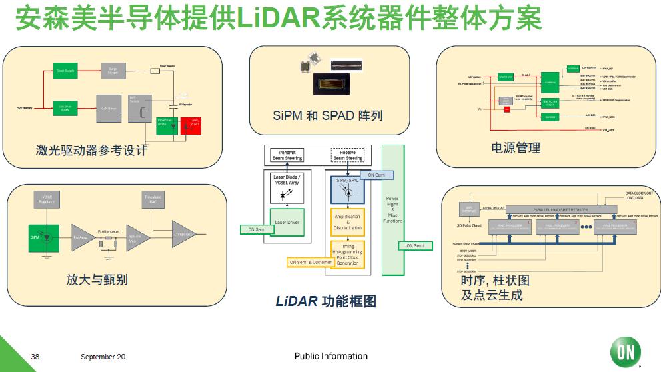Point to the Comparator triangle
pos(183,235)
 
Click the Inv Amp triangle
pos(82,237)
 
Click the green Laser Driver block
pos(287,222)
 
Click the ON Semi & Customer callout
pos(311,263)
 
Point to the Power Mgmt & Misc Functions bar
pos(393,209)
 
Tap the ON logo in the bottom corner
pos(625,353)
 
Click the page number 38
pos(35,357)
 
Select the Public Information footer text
pos(330,357)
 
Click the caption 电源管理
pos(516,148)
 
